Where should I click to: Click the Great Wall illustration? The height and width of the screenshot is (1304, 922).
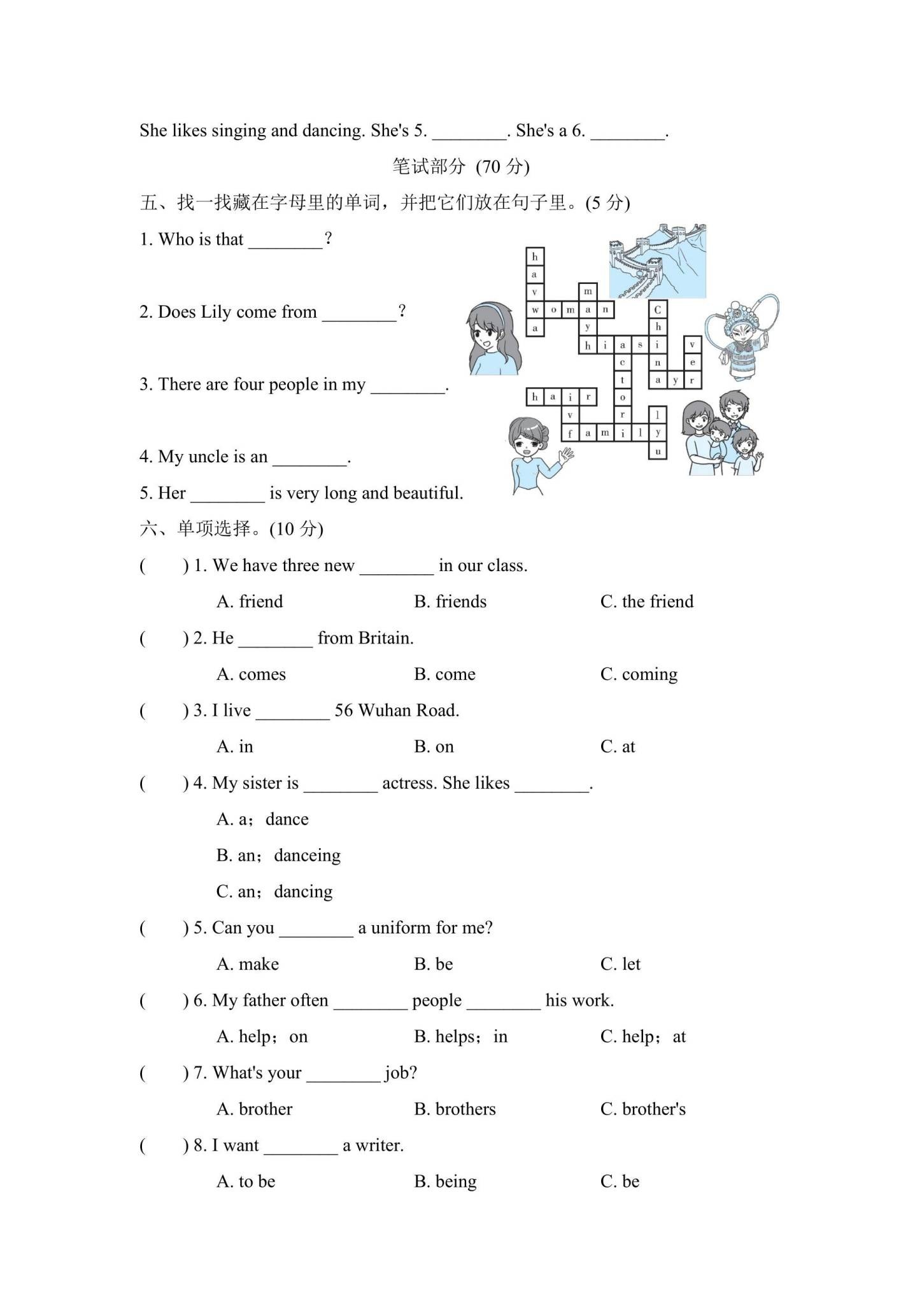click(x=657, y=261)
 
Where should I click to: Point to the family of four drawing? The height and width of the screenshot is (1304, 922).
click(x=723, y=433)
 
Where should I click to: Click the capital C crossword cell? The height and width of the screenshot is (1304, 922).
click(x=658, y=309)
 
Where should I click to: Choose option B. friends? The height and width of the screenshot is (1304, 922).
click(x=450, y=602)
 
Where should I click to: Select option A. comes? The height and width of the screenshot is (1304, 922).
click(x=251, y=674)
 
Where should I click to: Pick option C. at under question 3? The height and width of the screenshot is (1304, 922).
click(x=618, y=747)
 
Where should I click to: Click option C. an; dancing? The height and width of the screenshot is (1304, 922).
click(x=274, y=891)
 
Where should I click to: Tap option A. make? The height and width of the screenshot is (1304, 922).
click(x=248, y=964)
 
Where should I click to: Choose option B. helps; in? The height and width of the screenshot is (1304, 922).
click(x=461, y=1037)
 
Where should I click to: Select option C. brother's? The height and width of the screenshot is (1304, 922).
click(x=643, y=1109)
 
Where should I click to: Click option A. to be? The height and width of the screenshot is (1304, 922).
click(x=246, y=1182)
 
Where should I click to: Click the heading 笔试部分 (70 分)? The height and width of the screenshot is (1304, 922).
click(x=461, y=167)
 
